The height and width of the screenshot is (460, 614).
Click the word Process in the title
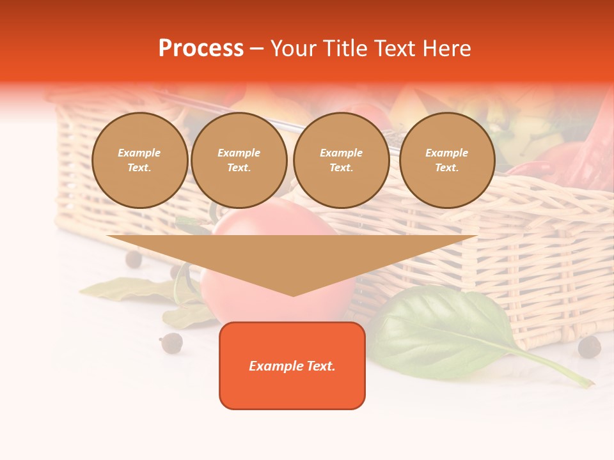[x=201, y=49]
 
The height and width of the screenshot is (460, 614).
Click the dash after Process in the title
[x=256, y=49]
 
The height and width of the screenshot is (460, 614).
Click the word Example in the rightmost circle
[x=446, y=153]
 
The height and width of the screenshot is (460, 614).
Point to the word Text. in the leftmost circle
[x=139, y=168]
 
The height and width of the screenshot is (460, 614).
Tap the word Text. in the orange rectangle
[x=320, y=366]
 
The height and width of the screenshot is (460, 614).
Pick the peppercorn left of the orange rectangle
[x=171, y=343]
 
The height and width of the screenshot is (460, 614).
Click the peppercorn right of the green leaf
[x=589, y=347]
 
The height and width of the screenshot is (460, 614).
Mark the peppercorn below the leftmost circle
[x=133, y=259]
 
